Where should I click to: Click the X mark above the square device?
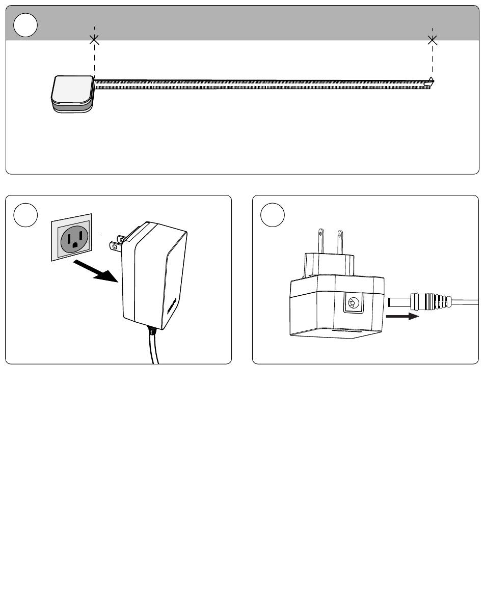[94, 39]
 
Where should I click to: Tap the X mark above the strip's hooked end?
[433, 39]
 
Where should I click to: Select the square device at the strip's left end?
[72, 93]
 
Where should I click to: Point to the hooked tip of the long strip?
[431, 81]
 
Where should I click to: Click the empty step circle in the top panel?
[25, 25]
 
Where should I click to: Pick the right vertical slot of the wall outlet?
[80, 235]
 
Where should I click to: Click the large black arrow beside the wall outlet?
[98, 271]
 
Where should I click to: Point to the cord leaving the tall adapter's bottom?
[154, 349]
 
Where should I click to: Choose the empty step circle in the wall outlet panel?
[25, 216]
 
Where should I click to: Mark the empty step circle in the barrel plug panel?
[273, 216]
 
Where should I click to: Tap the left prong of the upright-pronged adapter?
[321, 242]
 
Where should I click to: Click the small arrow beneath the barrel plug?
[402, 316]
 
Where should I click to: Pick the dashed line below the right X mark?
[433, 61]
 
